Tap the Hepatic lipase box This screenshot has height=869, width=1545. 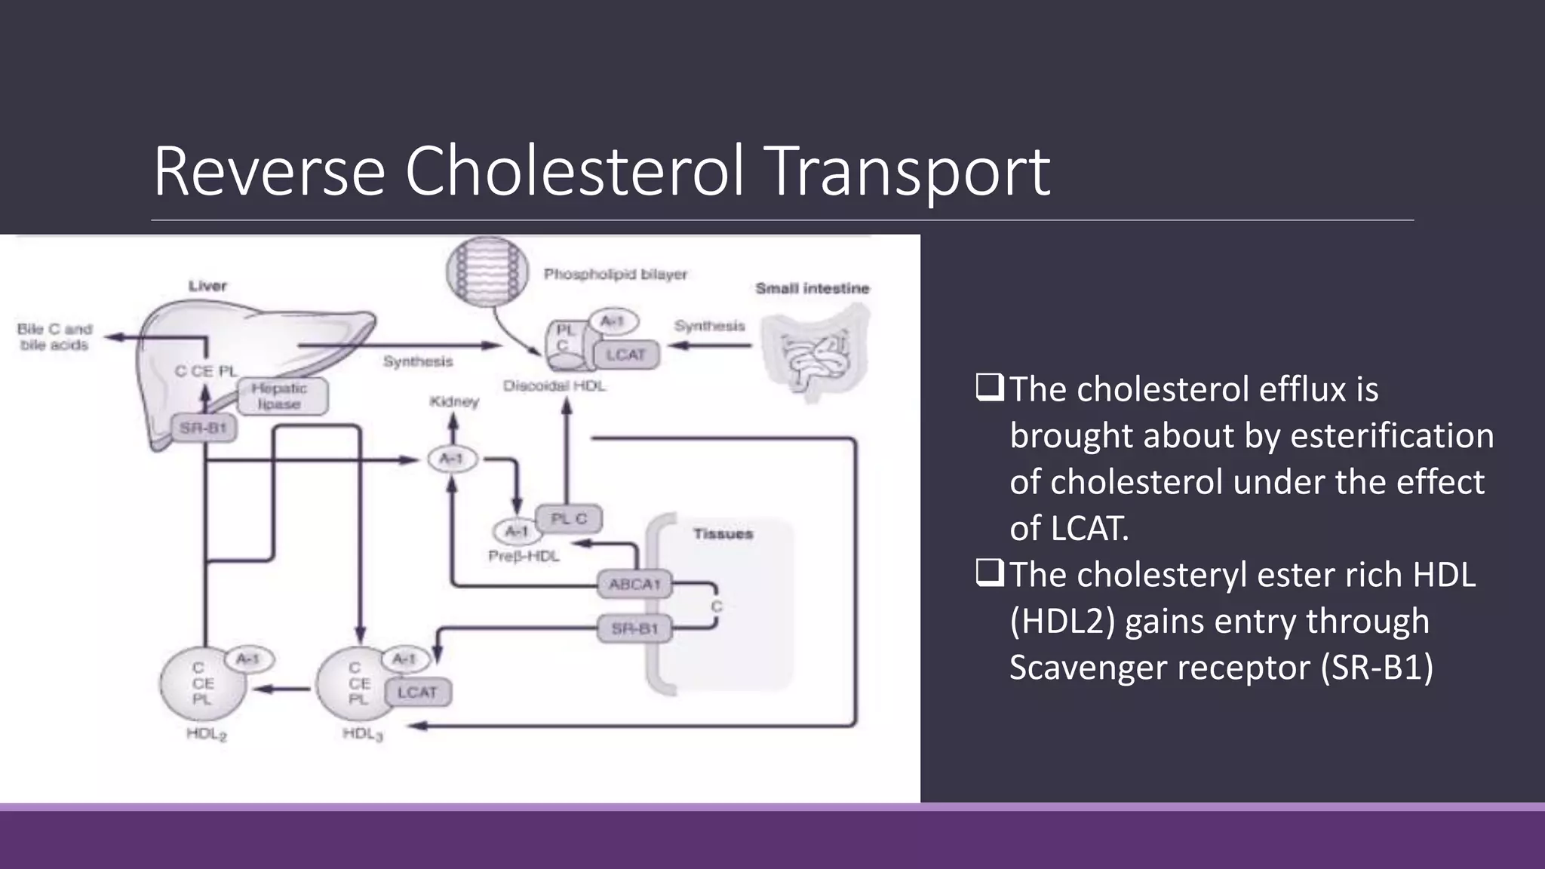(x=281, y=396)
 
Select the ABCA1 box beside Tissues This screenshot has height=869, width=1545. (x=634, y=585)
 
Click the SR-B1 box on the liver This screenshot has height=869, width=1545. (x=203, y=428)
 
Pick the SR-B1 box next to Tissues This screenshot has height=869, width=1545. (x=634, y=628)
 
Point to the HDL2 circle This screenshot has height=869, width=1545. (x=202, y=684)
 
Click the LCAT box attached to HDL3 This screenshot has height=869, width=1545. (x=418, y=692)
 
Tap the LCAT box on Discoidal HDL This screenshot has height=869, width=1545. (x=625, y=355)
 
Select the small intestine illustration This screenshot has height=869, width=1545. (x=815, y=351)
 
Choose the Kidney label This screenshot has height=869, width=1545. (x=454, y=402)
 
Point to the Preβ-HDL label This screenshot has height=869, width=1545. (x=524, y=557)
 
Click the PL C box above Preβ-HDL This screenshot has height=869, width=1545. (x=569, y=519)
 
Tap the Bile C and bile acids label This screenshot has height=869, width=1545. (x=54, y=337)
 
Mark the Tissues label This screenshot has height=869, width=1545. (x=723, y=534)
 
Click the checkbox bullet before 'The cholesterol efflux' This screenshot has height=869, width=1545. (x=989, y=388)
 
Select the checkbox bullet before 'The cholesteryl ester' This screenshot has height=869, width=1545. (x=989, y=573)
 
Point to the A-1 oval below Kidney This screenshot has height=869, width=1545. (x=452, y=459)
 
